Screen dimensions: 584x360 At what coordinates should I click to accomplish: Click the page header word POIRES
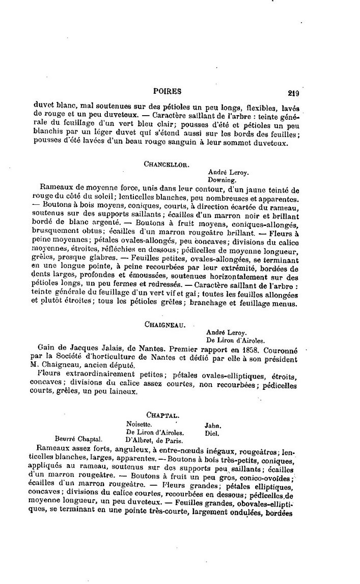[167, 91]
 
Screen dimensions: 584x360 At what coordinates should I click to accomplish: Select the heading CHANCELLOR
[167, 164]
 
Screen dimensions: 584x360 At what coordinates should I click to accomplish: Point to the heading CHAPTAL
[167, 415]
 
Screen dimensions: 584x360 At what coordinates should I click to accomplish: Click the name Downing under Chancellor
[221, 180]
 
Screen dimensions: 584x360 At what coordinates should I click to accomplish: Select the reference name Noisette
[139, 423]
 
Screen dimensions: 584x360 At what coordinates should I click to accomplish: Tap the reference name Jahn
[213, 424]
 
